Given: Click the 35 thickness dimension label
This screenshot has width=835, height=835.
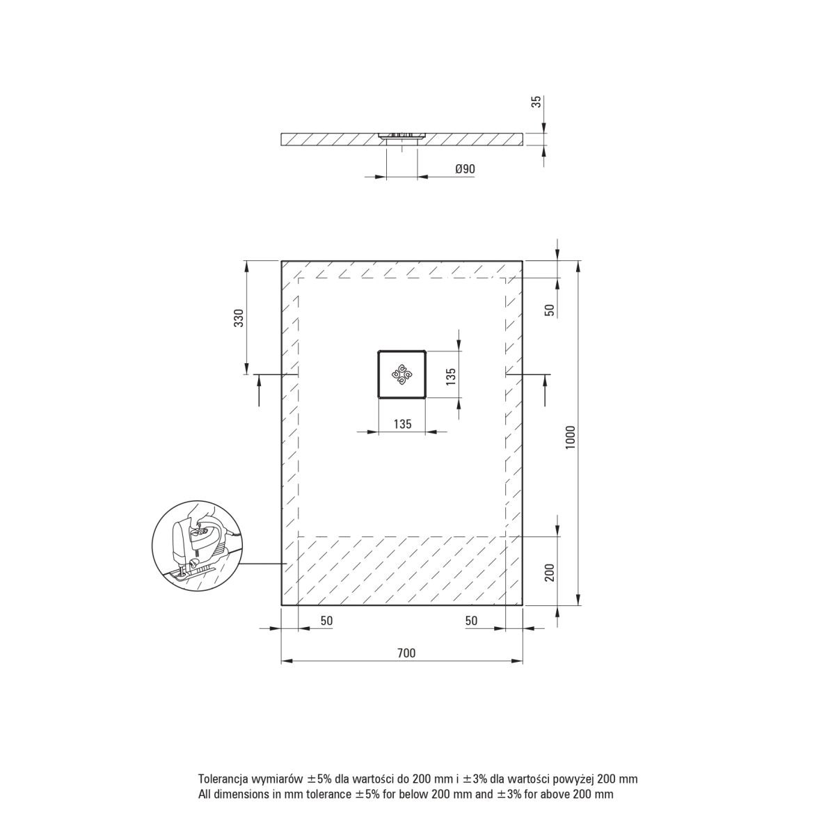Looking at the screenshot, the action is (537, 102).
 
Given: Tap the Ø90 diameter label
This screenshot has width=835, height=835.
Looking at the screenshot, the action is (465, 169).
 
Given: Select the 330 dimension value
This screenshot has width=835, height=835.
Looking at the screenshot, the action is (239, 318).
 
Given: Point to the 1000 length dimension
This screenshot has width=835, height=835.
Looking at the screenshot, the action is (571, 437).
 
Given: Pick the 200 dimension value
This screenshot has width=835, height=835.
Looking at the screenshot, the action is (550, 573).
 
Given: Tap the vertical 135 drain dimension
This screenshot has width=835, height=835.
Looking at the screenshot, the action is (451, 376).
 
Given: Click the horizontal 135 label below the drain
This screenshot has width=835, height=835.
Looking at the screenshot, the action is (402, 424).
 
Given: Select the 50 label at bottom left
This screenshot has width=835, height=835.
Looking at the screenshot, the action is (326, 621).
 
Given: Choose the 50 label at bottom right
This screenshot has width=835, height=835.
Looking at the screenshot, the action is (471, 621).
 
